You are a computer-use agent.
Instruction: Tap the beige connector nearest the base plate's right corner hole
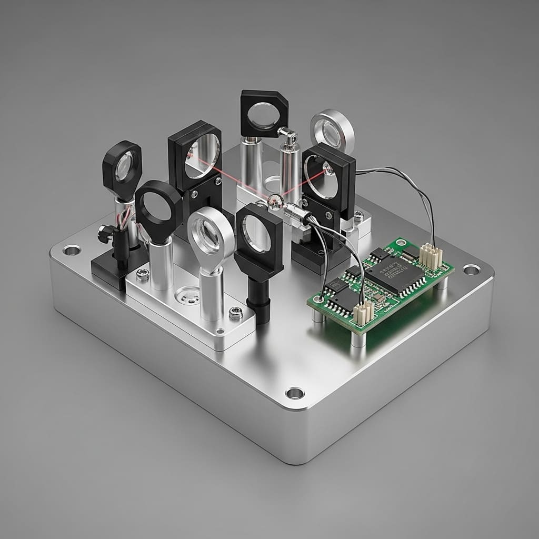pyautogui.click(x=430, y=256)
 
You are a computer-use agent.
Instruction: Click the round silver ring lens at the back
pyautogui.click(x=332, y=129)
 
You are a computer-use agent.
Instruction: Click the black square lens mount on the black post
pyautogui.click(x=258, y=235)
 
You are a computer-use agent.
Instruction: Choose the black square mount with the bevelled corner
pyautogui.click(x=264, y=113)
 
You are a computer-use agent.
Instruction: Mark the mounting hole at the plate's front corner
pyautogui.click(x=294, y=393)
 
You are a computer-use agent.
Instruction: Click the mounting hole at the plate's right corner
pyautogui.click(x=471, y=269)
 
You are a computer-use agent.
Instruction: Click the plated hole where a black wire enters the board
pyautogui.click(x=317, y=299)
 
